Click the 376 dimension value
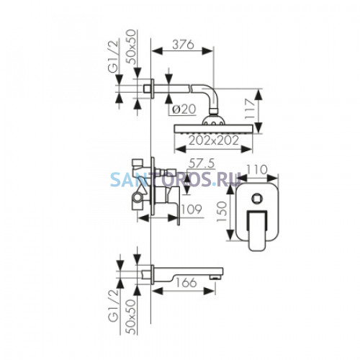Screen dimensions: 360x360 (183, 45)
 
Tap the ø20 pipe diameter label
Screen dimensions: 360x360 (184, 109)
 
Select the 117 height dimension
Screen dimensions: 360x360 (250, 109)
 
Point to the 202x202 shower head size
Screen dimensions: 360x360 (214, 140)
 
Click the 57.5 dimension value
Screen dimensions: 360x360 (201, 163)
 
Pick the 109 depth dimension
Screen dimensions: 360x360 (191, 210)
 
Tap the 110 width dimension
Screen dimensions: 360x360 (257, 170)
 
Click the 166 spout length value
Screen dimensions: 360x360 (186, 282)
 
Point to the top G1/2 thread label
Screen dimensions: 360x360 (113, 57)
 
